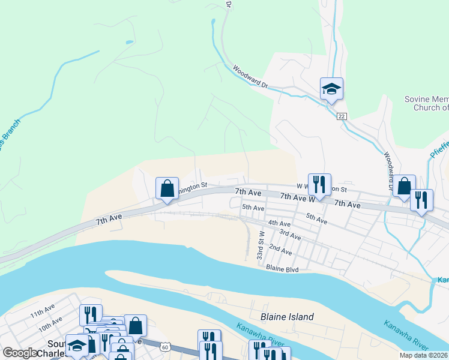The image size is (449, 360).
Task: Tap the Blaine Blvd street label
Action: (x=282, y=269)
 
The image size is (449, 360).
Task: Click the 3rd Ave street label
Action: (x=290, y=235)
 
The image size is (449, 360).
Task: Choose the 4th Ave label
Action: (x=279, y=223)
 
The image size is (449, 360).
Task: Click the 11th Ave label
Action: (x=43, y=313)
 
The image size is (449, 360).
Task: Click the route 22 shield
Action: (x=342, y=116)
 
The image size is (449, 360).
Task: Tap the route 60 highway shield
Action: (x=166, y=346)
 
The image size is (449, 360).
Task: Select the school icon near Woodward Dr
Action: (x=331, y=89)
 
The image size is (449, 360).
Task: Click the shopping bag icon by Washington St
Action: (x=167, y=188)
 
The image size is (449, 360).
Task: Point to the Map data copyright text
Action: (x=423, y=355)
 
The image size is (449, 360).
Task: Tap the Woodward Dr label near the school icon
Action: (x=250, y=77)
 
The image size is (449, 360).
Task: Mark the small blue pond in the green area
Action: (x=129, y=42)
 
